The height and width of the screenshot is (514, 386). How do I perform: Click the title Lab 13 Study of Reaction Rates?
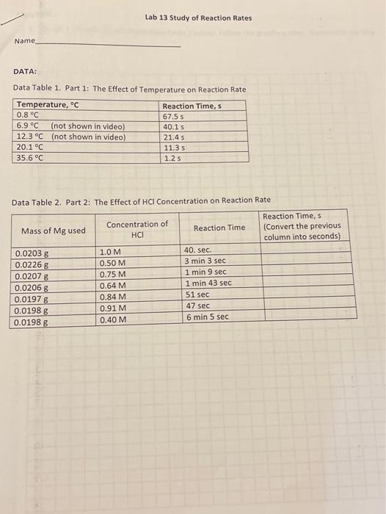tap(198, 18)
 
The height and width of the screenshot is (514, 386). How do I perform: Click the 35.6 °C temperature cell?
tap(31, 157)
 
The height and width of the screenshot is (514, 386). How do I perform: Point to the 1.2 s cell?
tap(172, 157)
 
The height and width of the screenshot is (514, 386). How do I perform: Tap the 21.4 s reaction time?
tap(173, 137)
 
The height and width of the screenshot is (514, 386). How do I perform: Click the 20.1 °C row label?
tap(31, 147)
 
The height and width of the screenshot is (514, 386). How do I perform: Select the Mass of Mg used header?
tap(53, 231)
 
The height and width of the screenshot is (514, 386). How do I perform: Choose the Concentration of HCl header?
tap(136, 229)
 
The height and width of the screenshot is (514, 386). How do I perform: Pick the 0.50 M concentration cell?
tap(112, 263)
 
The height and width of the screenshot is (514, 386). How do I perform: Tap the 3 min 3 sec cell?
tap(205, 261)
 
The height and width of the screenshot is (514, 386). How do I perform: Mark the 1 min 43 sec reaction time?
tap(208, 283)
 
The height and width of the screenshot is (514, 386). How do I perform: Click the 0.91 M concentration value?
tap(112, 308)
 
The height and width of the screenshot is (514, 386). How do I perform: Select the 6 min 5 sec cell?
tap(207, 317)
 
